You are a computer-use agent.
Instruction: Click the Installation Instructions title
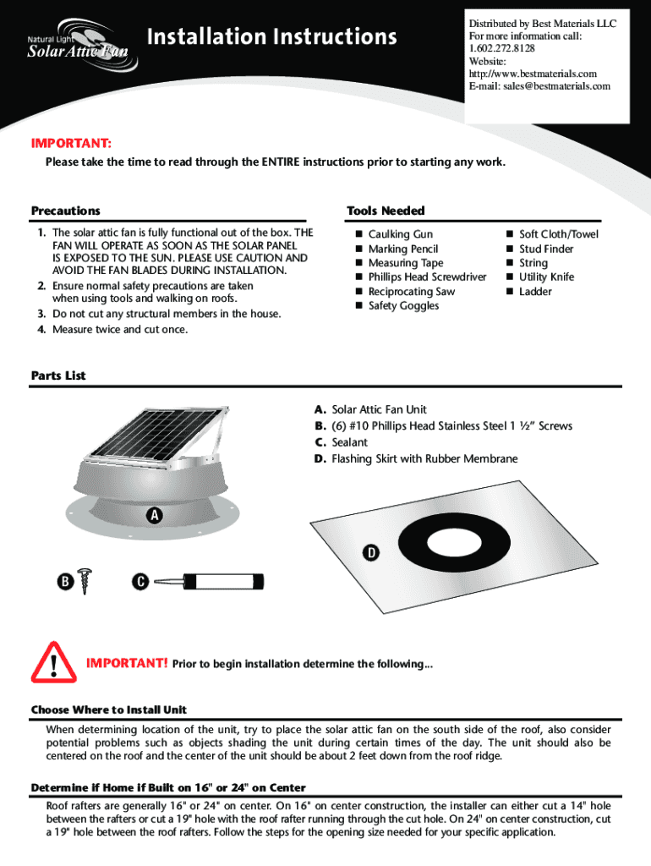point(271,37)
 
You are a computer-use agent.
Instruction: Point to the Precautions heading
point(66,211)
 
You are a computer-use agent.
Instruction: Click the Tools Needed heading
point(386,211)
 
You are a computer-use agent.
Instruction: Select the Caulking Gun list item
point(400,234)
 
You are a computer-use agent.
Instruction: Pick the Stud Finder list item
point(546,249)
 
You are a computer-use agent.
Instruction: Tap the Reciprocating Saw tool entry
point(411,292)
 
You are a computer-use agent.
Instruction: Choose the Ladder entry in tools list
point(535,292)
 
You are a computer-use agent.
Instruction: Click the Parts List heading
point(58,375)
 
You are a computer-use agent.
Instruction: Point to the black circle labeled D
point(370,553)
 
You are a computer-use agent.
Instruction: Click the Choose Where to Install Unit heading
point(109,710)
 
